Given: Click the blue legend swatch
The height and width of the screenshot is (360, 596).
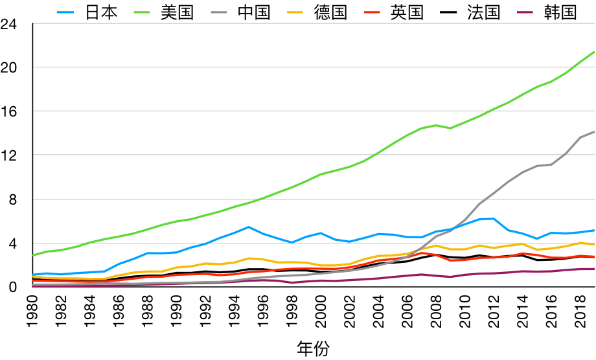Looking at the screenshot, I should coord(65,12).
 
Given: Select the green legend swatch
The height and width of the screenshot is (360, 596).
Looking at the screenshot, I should coord(142,12).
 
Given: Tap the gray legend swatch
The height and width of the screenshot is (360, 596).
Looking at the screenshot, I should coord(219,12).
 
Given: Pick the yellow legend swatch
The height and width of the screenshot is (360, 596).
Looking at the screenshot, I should coord(295,12).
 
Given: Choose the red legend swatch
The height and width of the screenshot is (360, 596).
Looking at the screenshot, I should coord(372,12).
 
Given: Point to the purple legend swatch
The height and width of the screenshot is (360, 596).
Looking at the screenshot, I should coord(525,12).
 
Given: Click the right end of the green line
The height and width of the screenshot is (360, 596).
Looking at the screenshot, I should coord(594,52).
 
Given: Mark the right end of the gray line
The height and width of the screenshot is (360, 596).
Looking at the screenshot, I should coord(594,132).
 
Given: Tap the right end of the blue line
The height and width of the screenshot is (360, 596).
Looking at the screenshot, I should coord(594,231).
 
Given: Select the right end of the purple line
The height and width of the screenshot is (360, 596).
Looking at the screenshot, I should coord(594,269).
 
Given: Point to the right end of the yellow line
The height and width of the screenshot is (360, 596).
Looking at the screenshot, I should coord(594,245).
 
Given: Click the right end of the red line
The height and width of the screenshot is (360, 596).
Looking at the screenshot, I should coord(594,256).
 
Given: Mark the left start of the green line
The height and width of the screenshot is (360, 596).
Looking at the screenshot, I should coord(34,255).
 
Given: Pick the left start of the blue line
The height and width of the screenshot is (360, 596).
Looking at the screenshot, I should coord(34,275).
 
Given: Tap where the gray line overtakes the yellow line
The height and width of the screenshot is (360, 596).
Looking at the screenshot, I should coord(420,249).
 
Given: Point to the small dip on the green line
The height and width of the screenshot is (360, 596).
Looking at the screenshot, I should coord(451,128).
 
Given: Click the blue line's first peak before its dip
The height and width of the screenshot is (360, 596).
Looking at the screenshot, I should coord(249,227).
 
